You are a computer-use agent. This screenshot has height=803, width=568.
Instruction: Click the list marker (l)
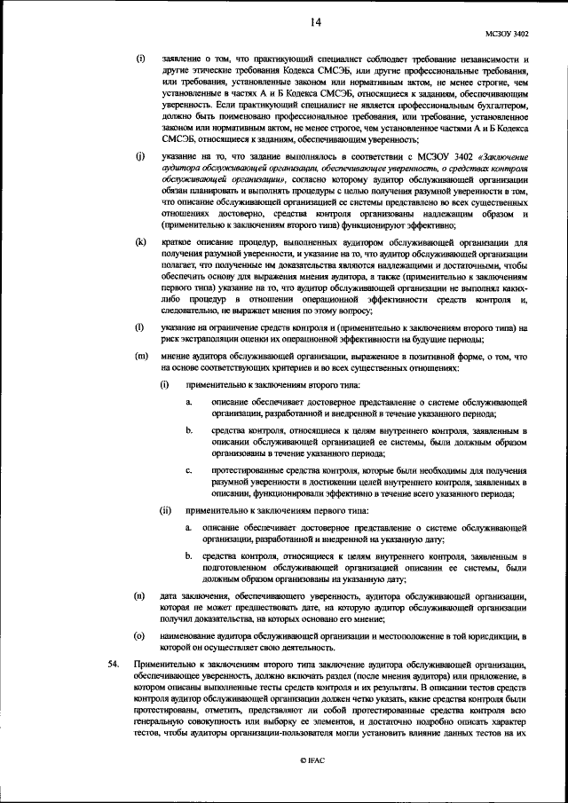[x=139, y=327]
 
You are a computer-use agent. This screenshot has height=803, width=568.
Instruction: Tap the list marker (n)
[x=139, y=594]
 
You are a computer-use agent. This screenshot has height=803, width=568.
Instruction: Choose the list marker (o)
[x=139, y=636]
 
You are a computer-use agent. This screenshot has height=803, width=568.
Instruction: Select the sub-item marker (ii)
[x=165, y=511]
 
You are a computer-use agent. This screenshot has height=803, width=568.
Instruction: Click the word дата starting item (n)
[x=170, y=594]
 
